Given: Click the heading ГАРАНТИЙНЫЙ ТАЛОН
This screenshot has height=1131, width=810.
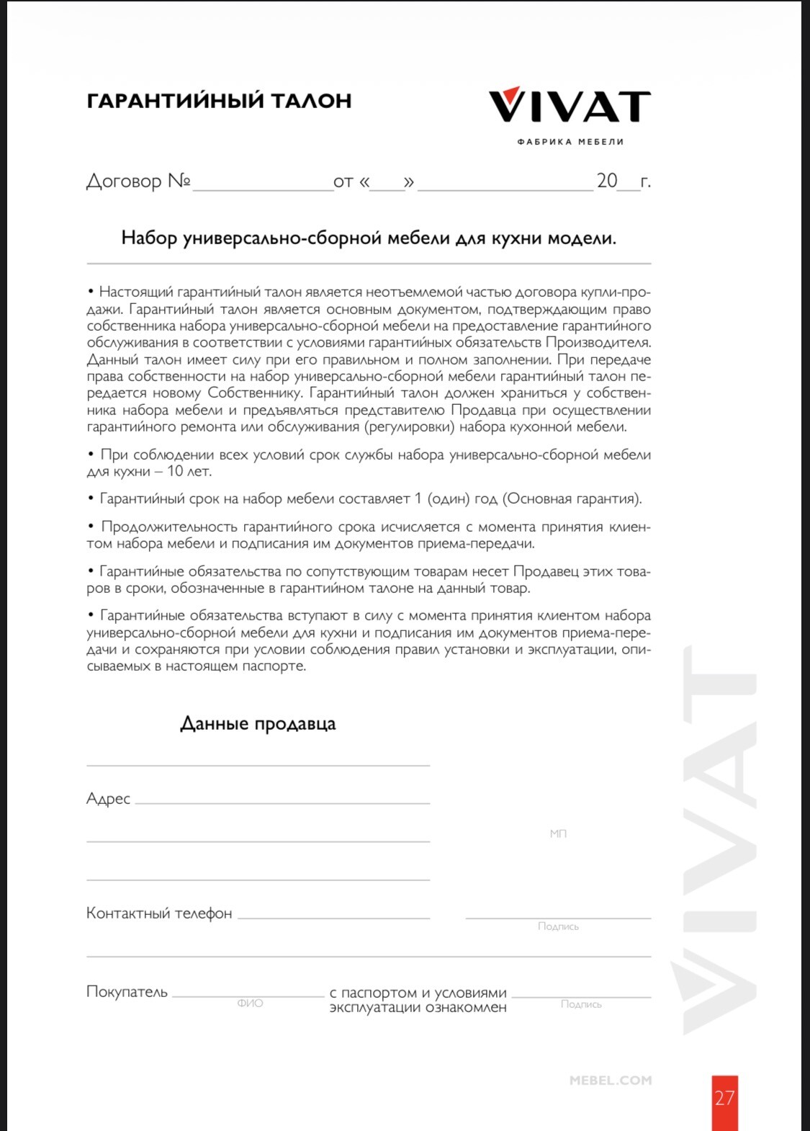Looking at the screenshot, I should pyautogui.click(x=219, y=101).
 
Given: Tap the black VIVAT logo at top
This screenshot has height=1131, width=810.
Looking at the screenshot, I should pyautogui.click(x=570, y=107).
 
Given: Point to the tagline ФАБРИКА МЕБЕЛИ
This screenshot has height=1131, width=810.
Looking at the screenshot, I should pyautogui.click(x=570, y=142).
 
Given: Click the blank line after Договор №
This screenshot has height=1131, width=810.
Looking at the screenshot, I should pyautogui.click(x=263, y=184).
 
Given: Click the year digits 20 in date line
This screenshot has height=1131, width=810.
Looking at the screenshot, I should pyautogui.click(x=607, y=181).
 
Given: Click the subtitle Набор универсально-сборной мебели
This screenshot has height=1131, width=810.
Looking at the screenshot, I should pyautogui.click(x=369, y=238).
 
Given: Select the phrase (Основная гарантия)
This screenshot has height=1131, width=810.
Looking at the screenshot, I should pyautogui.click(x=572, y=499).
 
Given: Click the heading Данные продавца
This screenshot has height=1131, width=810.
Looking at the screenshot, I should pyautogui.click(x=258, y=723).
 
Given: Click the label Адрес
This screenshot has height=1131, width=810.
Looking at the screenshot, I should pyautogui.click(x=108, y=798).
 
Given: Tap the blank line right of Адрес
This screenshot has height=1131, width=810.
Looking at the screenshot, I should pyautogui.click(x=282, y=800).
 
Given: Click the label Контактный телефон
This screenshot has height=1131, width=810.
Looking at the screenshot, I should pyautogui.click(x=159, y=913).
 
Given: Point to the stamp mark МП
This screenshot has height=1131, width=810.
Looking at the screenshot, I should pyautogui.click(x=558, y=833).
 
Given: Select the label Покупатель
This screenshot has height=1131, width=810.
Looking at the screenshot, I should pyautogui.click(x=127, y=991).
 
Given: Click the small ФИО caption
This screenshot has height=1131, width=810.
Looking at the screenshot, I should pyautogui.click(x=250, y=1003).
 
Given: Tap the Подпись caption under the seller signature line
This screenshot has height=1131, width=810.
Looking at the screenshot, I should pyautogui.click(x=558, y=926).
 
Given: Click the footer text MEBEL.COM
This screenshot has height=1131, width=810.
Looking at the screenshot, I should pyautogui.click(x=611, y=1080).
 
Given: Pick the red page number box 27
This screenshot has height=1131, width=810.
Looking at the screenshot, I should pyautogui.click(x=724, y=1100).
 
